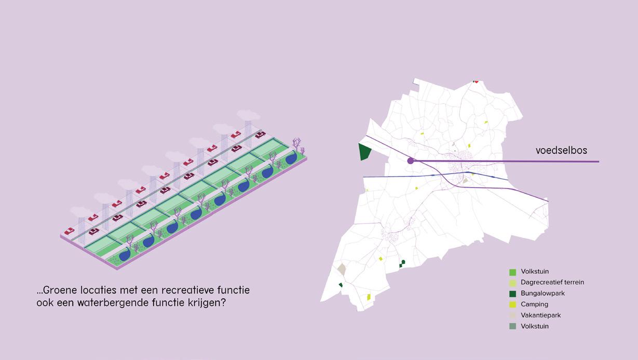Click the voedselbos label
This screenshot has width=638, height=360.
pos(561,151)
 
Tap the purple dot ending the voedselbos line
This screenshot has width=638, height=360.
pos(411,161)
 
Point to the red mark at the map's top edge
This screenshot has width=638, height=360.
pos(476,81)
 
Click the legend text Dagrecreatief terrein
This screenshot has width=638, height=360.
pos(552,282)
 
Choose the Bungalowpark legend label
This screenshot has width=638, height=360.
pos(542,293)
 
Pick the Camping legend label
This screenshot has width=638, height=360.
pos(534,304)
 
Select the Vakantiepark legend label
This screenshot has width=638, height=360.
pos(540,315)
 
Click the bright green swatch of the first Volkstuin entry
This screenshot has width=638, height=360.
pos(512,272)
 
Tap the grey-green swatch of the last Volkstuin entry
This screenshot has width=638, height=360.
pos(512,326)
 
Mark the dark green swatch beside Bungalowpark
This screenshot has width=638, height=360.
pos(512,294)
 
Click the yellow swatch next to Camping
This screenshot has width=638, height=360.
pos(512,304)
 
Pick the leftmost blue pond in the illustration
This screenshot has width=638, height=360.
pos(125,255)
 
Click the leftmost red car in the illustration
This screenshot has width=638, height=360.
pos(69,231)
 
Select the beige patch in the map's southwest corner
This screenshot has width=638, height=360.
pos(342,269)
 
